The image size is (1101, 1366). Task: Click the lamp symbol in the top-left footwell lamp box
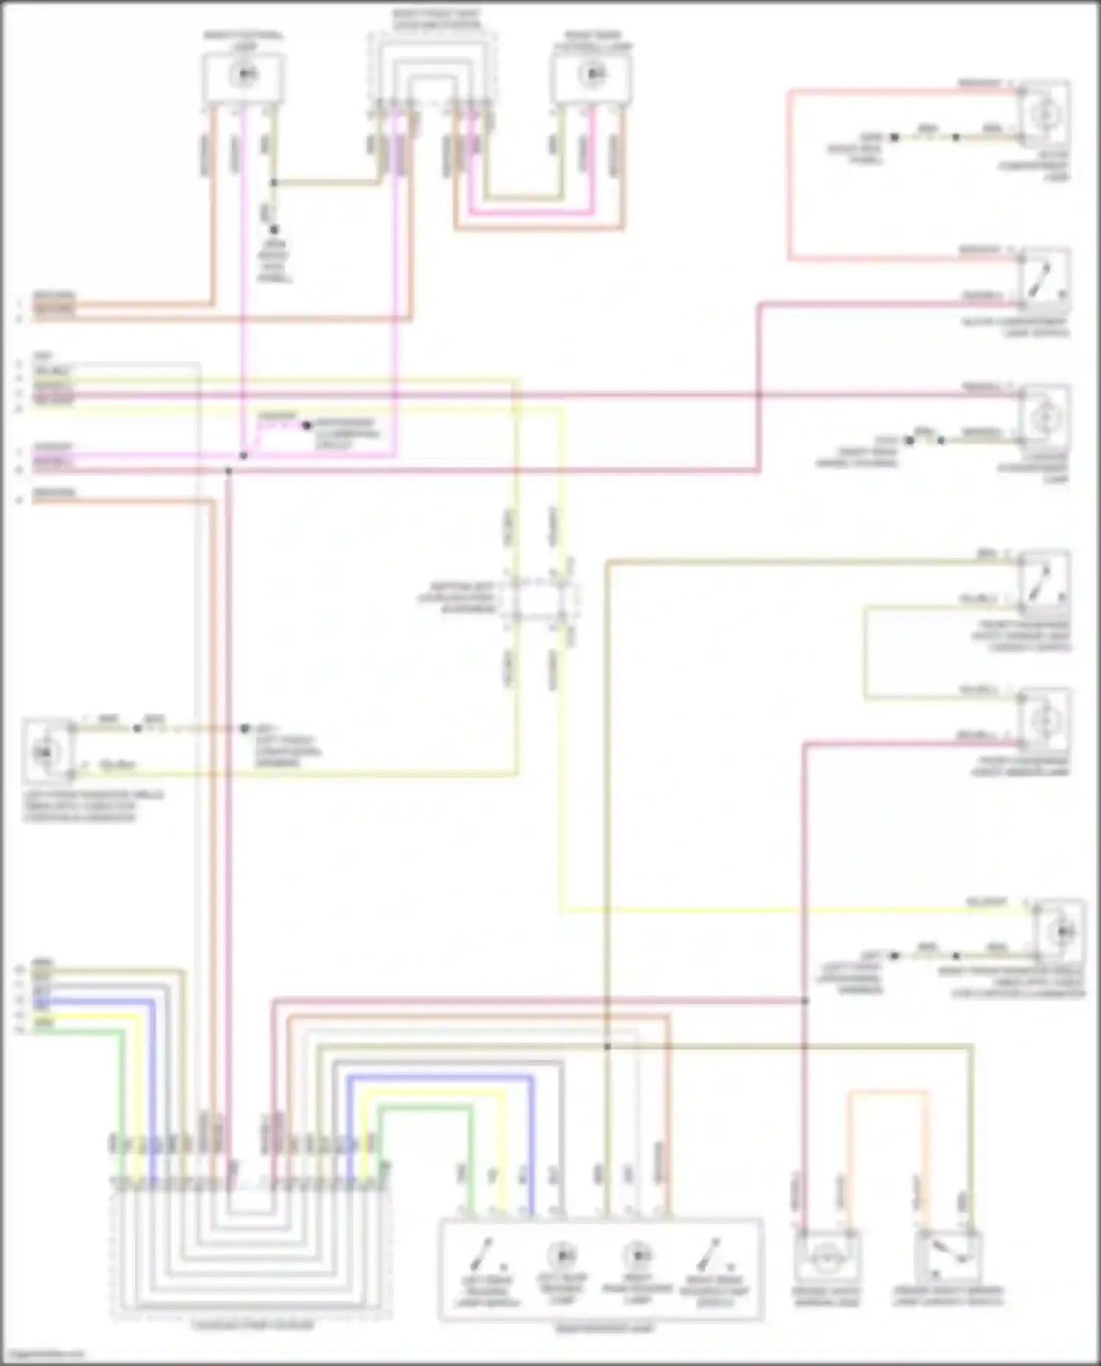click(x=244, y=75)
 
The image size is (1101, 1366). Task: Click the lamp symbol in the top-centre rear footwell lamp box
click(x=592, y=73)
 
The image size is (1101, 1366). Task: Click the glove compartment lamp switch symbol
click(x=1044, y=282)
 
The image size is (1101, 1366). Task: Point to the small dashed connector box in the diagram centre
click(x=542, y=598)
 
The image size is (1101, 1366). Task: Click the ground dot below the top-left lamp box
click(x=274, y=230)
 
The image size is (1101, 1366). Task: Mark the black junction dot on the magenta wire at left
click(x=244, y=456)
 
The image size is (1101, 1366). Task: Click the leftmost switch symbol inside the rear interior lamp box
click(x=485, y=1257)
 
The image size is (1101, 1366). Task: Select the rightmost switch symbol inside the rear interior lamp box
click(x=710, y=1257)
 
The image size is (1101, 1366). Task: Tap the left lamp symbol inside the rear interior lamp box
click(x=562, y=1255)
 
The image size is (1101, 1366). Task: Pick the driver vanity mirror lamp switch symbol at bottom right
click(x=948, y=1257)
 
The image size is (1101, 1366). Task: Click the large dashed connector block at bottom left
click(x=251, y=1248)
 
